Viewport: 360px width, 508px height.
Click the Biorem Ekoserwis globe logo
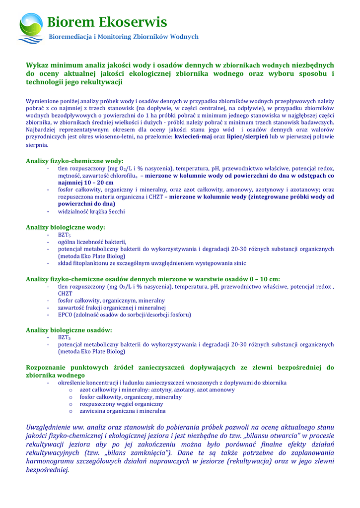coord(30,28)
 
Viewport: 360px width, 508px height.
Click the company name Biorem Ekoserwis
coord(107,22)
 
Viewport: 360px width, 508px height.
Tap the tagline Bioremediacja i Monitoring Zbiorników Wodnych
coord(123,37)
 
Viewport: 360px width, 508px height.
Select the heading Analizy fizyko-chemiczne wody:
coord(74,161)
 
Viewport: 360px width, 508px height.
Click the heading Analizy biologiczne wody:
coord(66,227)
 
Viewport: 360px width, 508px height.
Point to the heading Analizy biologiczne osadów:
coord(69,329)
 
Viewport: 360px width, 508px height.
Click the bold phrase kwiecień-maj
coord(193,136)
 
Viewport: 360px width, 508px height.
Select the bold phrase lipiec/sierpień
coord(247,136)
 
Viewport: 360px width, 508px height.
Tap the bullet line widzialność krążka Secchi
coord(91,211)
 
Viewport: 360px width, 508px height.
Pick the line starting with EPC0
coord(124,315)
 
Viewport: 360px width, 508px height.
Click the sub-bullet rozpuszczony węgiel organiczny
coord(121,404)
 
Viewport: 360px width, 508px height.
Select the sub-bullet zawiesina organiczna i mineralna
coord(123,411)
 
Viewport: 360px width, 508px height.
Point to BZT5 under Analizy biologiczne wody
coord(65,235)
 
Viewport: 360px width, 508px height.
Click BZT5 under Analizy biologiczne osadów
coord(65,337)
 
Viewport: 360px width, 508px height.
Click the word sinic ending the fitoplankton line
coord(239,263)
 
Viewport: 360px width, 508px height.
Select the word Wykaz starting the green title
coord(38,65)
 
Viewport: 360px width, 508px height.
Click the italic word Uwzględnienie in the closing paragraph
coord(54,427)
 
